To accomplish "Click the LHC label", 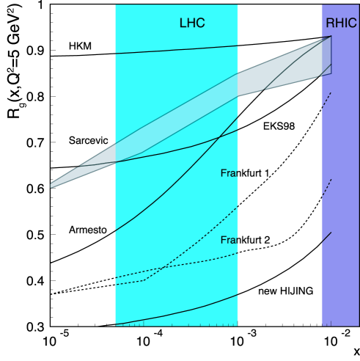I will click(x=192, y=23).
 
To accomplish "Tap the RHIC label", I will click(x=341, y=23).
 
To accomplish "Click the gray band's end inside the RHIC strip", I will click(x=326, y=56).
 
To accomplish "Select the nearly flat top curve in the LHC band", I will click(x=176, y=50).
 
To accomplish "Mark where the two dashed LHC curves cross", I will click(x=164, y=269).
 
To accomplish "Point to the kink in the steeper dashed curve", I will click(x=144, y=280).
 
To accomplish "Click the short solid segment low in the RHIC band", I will click(x=326, y=237).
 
